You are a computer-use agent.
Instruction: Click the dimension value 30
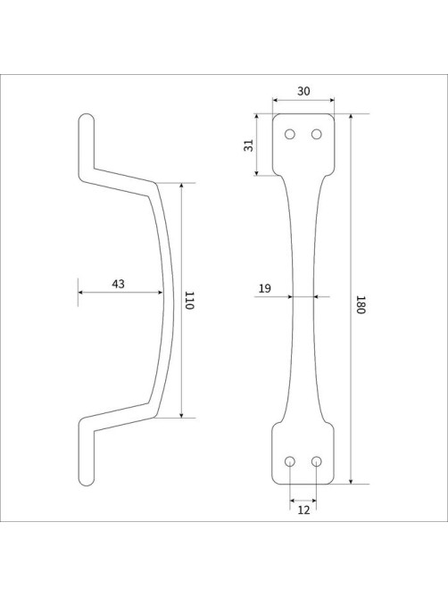point(303,91)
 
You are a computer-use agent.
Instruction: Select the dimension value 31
point(249,145)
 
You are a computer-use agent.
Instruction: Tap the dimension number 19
point(265,288)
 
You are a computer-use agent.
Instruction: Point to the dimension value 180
point(361,304)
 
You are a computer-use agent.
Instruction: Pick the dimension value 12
point(303,510)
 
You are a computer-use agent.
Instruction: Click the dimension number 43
point(118,284)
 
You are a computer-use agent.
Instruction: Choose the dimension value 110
point(189,301)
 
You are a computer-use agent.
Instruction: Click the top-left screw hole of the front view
point(290,135)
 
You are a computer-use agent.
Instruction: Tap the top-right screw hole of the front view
point(316,135)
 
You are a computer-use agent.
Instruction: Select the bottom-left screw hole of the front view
point(290,461)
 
